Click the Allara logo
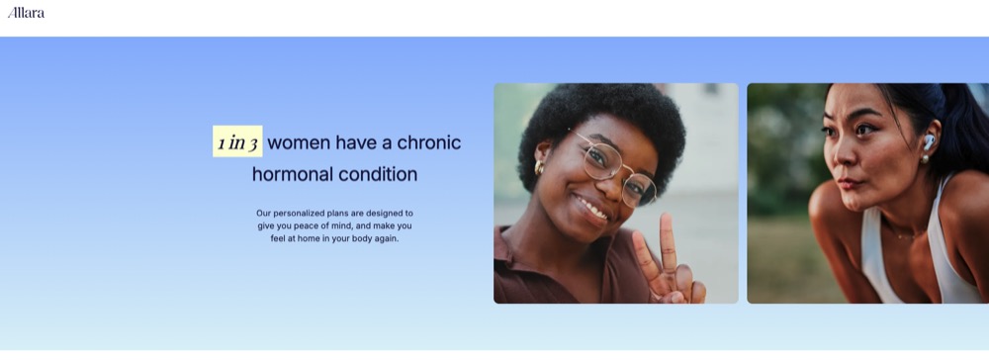pyautogui.click(x=26, y=13)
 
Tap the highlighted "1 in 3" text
pyautogui.click(x=237, y=141)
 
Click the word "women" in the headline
pyautogui.click(x=299, y=142)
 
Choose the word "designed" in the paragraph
pyautogui.click(x=384, y=214)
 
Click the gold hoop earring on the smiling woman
pyautogui.click(x=539, y=167)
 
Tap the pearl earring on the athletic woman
pyautogui.click(x=925, y=159)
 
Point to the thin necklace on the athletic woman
pyautogui.click(x=903, y=234)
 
